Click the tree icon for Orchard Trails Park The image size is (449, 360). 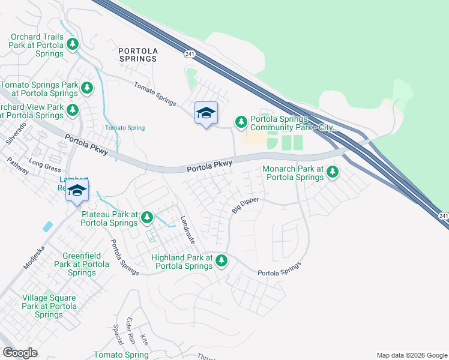(x=73, y=44)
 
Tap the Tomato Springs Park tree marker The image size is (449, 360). (x=87, y=88)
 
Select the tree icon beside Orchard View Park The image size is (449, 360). (x=73, y=110)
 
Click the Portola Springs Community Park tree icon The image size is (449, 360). (x=241, y=122)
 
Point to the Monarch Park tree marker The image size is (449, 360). (x=332, y=173)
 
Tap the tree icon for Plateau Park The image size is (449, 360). (x=146, y=218)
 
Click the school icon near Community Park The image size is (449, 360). (x=206, y=113)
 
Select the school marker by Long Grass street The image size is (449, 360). (x=77, y=191)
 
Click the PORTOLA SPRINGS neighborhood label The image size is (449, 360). (x=137, y=55)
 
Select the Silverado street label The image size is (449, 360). (x=16, y=134)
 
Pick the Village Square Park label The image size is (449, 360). (x=49, y=306)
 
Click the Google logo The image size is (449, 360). (x=20, y=353)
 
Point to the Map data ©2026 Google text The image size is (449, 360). (x=411, y=355)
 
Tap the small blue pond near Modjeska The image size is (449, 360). (x=47, y=227)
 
